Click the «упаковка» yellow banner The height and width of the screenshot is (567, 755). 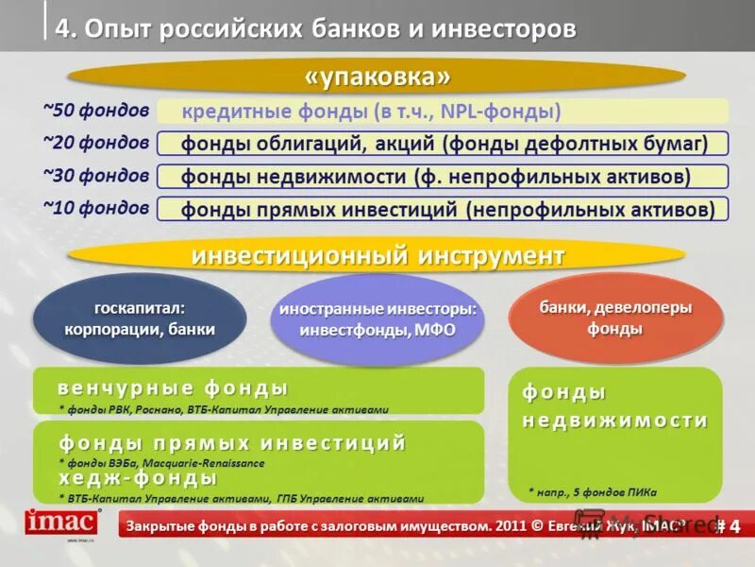click(x=377, y=76)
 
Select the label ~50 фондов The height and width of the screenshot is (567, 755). click(x=95, y=111)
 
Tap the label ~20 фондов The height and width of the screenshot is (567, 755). click(x=95, y=143)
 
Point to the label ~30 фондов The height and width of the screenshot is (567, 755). click(x=95, y=175)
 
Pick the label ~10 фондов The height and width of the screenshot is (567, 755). click(x=95, y=207)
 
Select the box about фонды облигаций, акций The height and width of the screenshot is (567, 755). click(x=443, y=144)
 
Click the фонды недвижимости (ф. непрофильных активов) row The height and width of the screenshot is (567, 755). click(x=443, y=177)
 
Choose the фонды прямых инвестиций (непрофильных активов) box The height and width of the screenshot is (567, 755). click(x=443, y=209)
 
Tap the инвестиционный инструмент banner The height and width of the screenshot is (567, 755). click(x=377, y=256)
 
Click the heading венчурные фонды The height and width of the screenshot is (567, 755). click(x=173, y=388)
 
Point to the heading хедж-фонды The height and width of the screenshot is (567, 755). click(x=138, y=480)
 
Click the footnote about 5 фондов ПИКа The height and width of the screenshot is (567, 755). click(x=592, y=491)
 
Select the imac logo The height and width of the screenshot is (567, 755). click(x=61, y=523)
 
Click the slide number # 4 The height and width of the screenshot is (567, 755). click(x=728, y=525)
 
